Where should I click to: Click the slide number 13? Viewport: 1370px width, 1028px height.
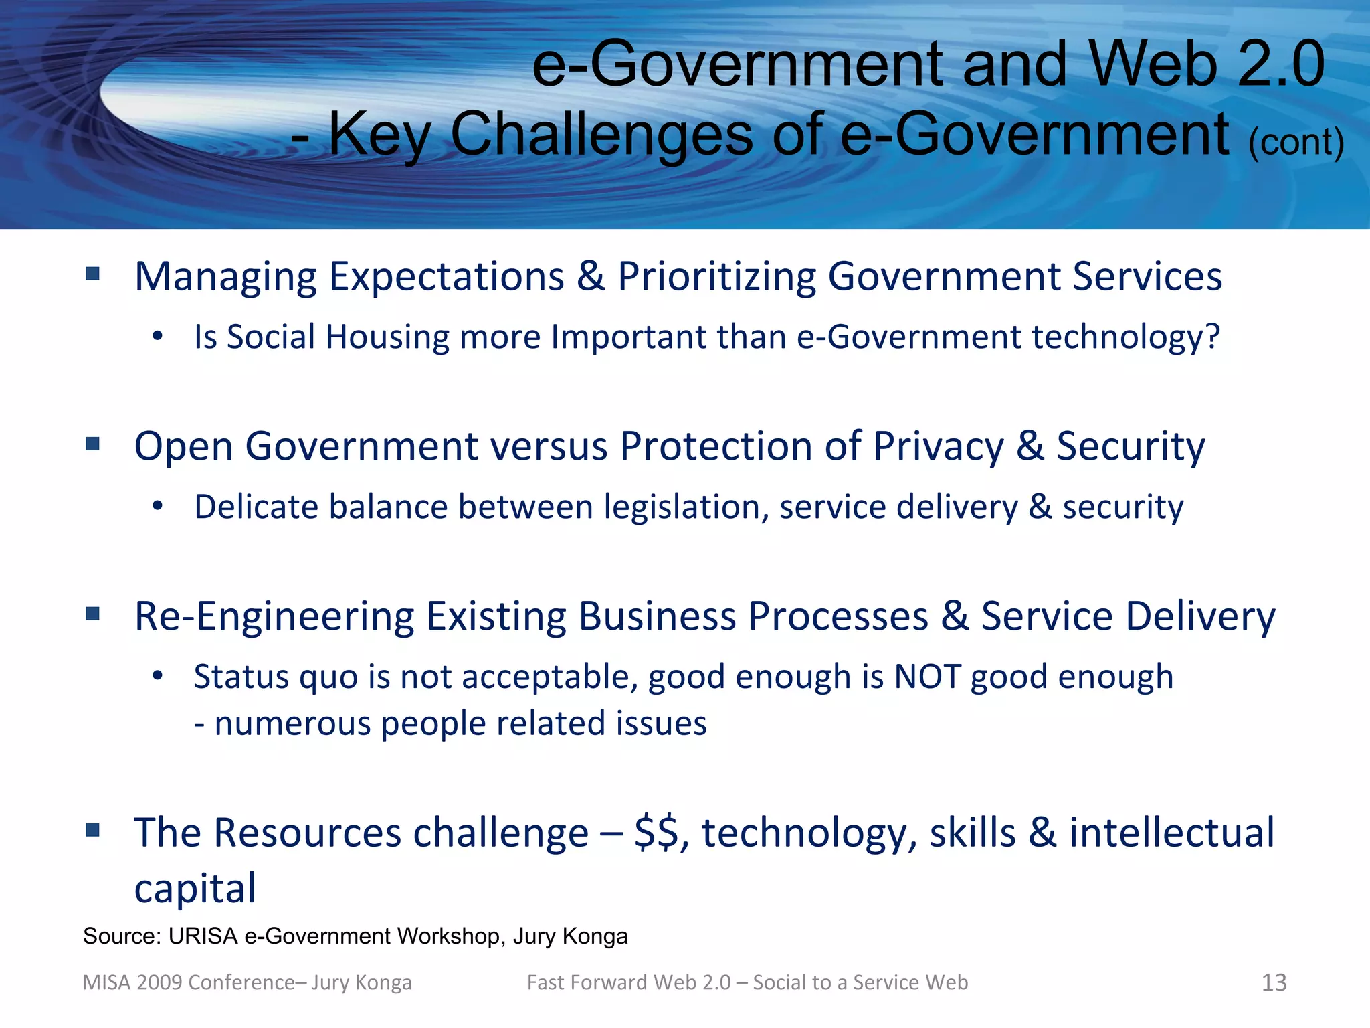pos(1274,982)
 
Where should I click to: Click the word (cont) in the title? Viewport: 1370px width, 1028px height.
pos(1296,143)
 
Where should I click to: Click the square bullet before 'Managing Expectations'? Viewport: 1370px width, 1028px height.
pos(93,274)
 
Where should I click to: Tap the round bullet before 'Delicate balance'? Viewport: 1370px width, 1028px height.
pos(157,507)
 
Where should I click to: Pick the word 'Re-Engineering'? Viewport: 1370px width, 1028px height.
pos(274,616)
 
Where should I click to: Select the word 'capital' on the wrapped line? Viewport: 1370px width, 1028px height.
pos(195,889)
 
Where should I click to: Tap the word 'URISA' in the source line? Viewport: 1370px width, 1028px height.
pos(203,936)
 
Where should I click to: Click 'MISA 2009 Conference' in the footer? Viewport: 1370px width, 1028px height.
pos(188,982)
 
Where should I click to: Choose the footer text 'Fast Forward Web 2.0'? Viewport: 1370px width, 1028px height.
pos(628,982)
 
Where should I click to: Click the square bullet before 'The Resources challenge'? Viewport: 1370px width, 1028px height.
pos(93,831)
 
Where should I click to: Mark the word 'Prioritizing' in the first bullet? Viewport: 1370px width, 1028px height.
pos(716,276)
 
